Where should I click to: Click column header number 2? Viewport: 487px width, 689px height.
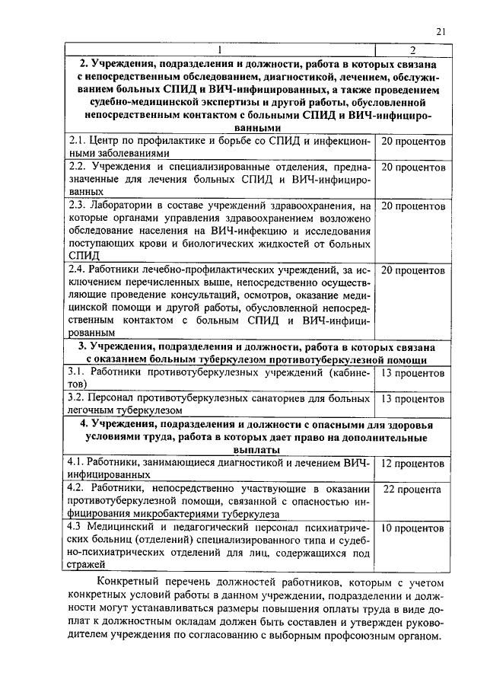[x=412, y=50]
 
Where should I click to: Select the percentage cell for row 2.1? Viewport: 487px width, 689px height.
[x=412, y=142]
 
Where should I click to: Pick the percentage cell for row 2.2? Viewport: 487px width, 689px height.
[x=412, y=167]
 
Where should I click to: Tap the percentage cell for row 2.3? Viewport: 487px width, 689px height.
[x=412, y=206]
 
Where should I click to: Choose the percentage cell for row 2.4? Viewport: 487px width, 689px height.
[x=412, y=270]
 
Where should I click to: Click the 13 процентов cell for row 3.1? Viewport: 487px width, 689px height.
[x=412, y=374]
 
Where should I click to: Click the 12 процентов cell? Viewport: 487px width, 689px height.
[x=412, y=464]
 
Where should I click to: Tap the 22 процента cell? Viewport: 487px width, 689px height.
[x=412, y=490]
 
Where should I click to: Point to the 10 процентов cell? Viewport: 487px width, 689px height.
[x=412, y=528]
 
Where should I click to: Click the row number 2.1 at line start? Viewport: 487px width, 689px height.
[x=76, y=142]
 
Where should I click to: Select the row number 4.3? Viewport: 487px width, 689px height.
[x=76, y=528]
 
